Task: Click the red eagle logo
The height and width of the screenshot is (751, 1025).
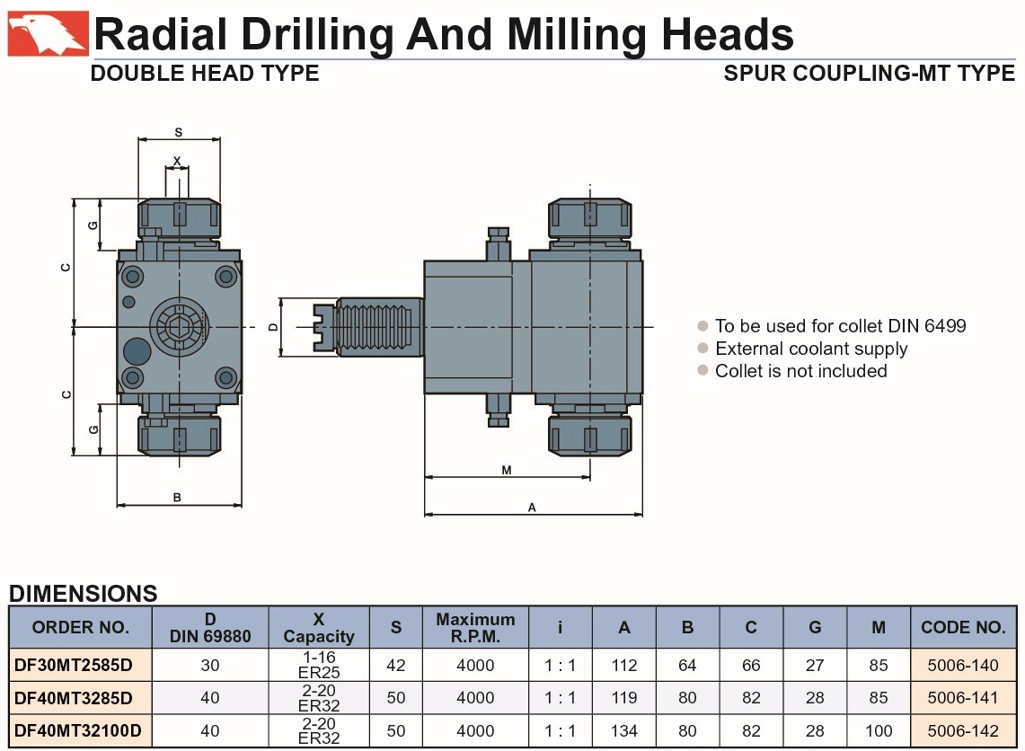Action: (x=47, y=33)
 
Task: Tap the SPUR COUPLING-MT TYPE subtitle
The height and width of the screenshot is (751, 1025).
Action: (x=869, y=73)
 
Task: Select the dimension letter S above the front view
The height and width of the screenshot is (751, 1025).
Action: (x=179, y=132)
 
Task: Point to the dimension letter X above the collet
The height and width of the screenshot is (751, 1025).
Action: (x=176, y=161)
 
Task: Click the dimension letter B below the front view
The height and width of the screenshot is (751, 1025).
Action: (x=176, y=498)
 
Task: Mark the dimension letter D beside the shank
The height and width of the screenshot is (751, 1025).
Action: (x=273, y=327)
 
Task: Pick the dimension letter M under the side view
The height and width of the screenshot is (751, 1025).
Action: (x=507, y=470)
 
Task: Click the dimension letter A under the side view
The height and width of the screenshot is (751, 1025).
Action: (x=532, y=508)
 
